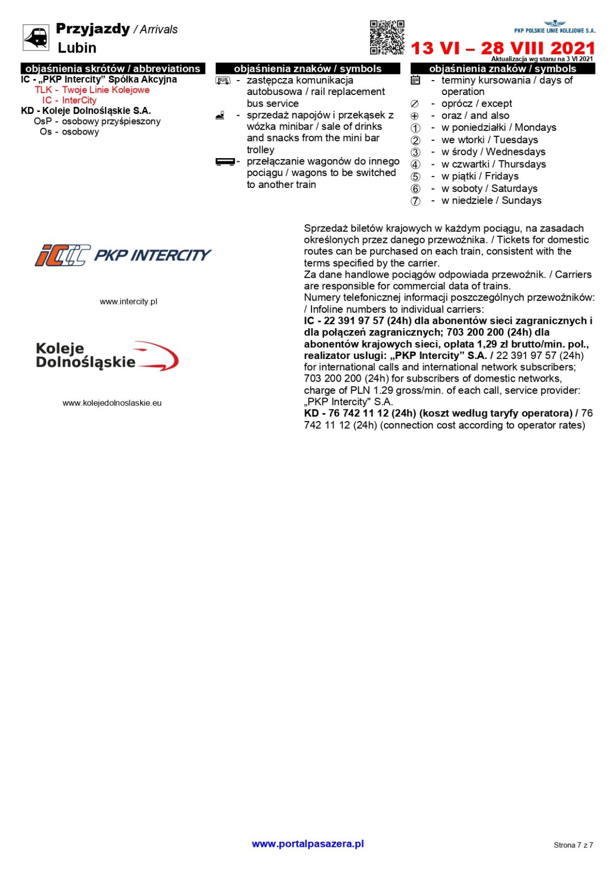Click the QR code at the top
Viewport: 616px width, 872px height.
(x=387, y=37)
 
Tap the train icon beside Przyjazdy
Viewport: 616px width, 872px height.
(x=36, y=37)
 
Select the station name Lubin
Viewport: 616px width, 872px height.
(x=77, y=48)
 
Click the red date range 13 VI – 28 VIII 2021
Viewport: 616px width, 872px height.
(x=503, y=48)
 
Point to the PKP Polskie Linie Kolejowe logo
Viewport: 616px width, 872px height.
(x=555, y=27)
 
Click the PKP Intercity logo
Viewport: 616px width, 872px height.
(x=123, y=255)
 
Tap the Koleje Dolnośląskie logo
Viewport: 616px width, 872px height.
(x=107, y=355)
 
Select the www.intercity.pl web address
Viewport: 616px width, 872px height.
(x=128, y=301)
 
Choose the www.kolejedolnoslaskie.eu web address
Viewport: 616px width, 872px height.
(x=112, y=403)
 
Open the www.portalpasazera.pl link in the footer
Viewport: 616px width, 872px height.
(x=307, y=844)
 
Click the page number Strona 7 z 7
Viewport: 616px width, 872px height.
(x=573, y=845)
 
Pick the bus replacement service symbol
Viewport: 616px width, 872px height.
(x=223, y=81)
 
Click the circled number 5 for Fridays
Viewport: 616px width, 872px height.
(x=415, y=177)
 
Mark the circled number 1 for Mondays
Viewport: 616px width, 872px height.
(x=415, y=128)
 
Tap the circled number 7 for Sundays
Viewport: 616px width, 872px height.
(x=415, y=201)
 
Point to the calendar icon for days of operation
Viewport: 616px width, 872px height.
(x=415, y=80)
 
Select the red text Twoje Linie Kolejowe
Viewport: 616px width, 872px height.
(x=106, y=90)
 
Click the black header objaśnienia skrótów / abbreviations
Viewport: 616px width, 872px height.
(x=113, y=68)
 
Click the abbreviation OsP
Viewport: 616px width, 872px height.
(x=43, y=122)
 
